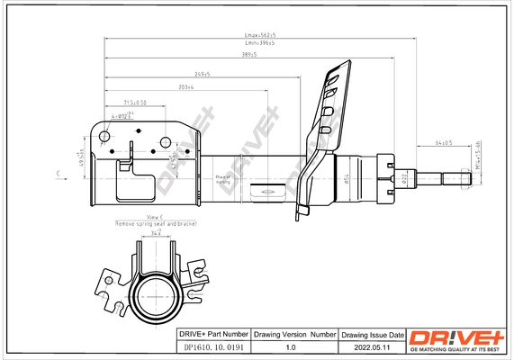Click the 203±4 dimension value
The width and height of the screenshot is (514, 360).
[x=187, y=87]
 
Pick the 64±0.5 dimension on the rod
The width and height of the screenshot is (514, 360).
[x=444, y=142]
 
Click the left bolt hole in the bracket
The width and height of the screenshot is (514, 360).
[x=105, y=137]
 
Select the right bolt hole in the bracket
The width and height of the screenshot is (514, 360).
[x=167, y=140]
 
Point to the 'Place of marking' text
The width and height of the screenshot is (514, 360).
[x=222, y=179]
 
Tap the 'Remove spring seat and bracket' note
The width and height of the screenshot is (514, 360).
[x=154, y=222]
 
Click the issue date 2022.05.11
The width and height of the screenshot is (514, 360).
[x=372, y=346]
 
